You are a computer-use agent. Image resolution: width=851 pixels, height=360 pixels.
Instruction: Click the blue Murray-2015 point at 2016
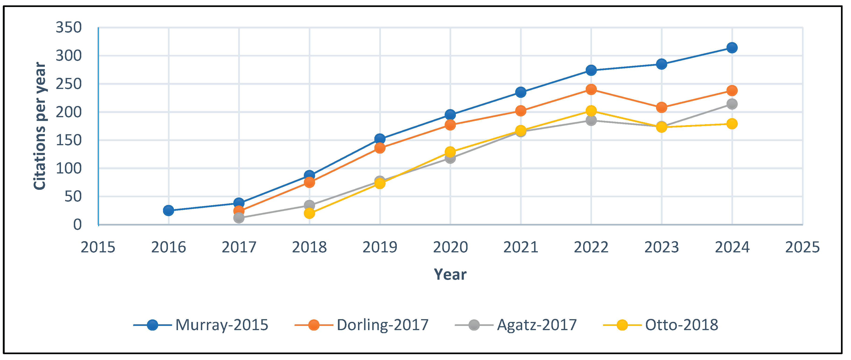point(168,210)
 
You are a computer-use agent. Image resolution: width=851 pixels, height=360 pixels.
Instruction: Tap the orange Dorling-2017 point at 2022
point(591,89)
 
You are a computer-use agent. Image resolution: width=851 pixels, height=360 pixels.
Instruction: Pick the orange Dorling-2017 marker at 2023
point(661,108)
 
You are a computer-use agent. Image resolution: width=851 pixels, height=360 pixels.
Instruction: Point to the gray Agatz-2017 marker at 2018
point(309,205)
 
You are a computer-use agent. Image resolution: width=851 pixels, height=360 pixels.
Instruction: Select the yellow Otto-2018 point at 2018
point(309,213)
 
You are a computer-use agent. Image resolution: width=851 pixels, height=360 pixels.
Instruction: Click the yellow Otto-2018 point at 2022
point(591,111)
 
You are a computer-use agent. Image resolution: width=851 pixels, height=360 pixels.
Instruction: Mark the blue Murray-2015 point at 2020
point(450,115)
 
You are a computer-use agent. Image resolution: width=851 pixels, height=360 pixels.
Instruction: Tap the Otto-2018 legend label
point(681,325)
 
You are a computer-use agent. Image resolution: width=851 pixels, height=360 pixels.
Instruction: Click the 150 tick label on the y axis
point(68,140)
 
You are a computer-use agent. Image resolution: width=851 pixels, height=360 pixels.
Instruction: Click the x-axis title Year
point(450,275)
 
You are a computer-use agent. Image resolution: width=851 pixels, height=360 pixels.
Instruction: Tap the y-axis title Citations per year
point(40,126)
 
